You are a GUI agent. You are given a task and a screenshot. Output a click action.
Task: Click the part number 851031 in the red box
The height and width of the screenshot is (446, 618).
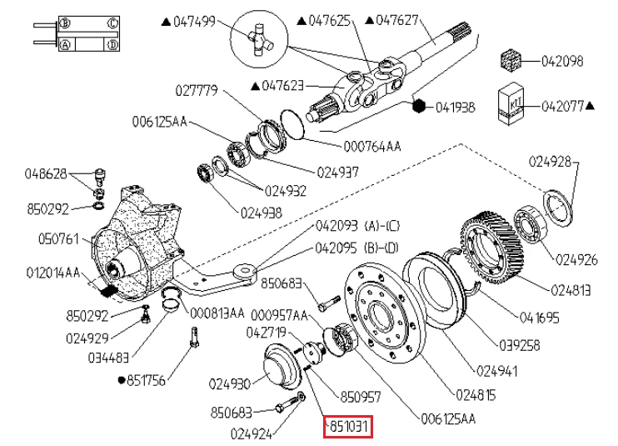coord(347,428)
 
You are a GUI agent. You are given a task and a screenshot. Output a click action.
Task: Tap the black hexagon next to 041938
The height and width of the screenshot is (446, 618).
coord(421,106)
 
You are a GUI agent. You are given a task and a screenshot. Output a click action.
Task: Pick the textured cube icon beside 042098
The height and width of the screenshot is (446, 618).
coord(510,61)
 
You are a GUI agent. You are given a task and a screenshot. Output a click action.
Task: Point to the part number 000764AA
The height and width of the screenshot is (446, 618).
coord(372,146)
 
